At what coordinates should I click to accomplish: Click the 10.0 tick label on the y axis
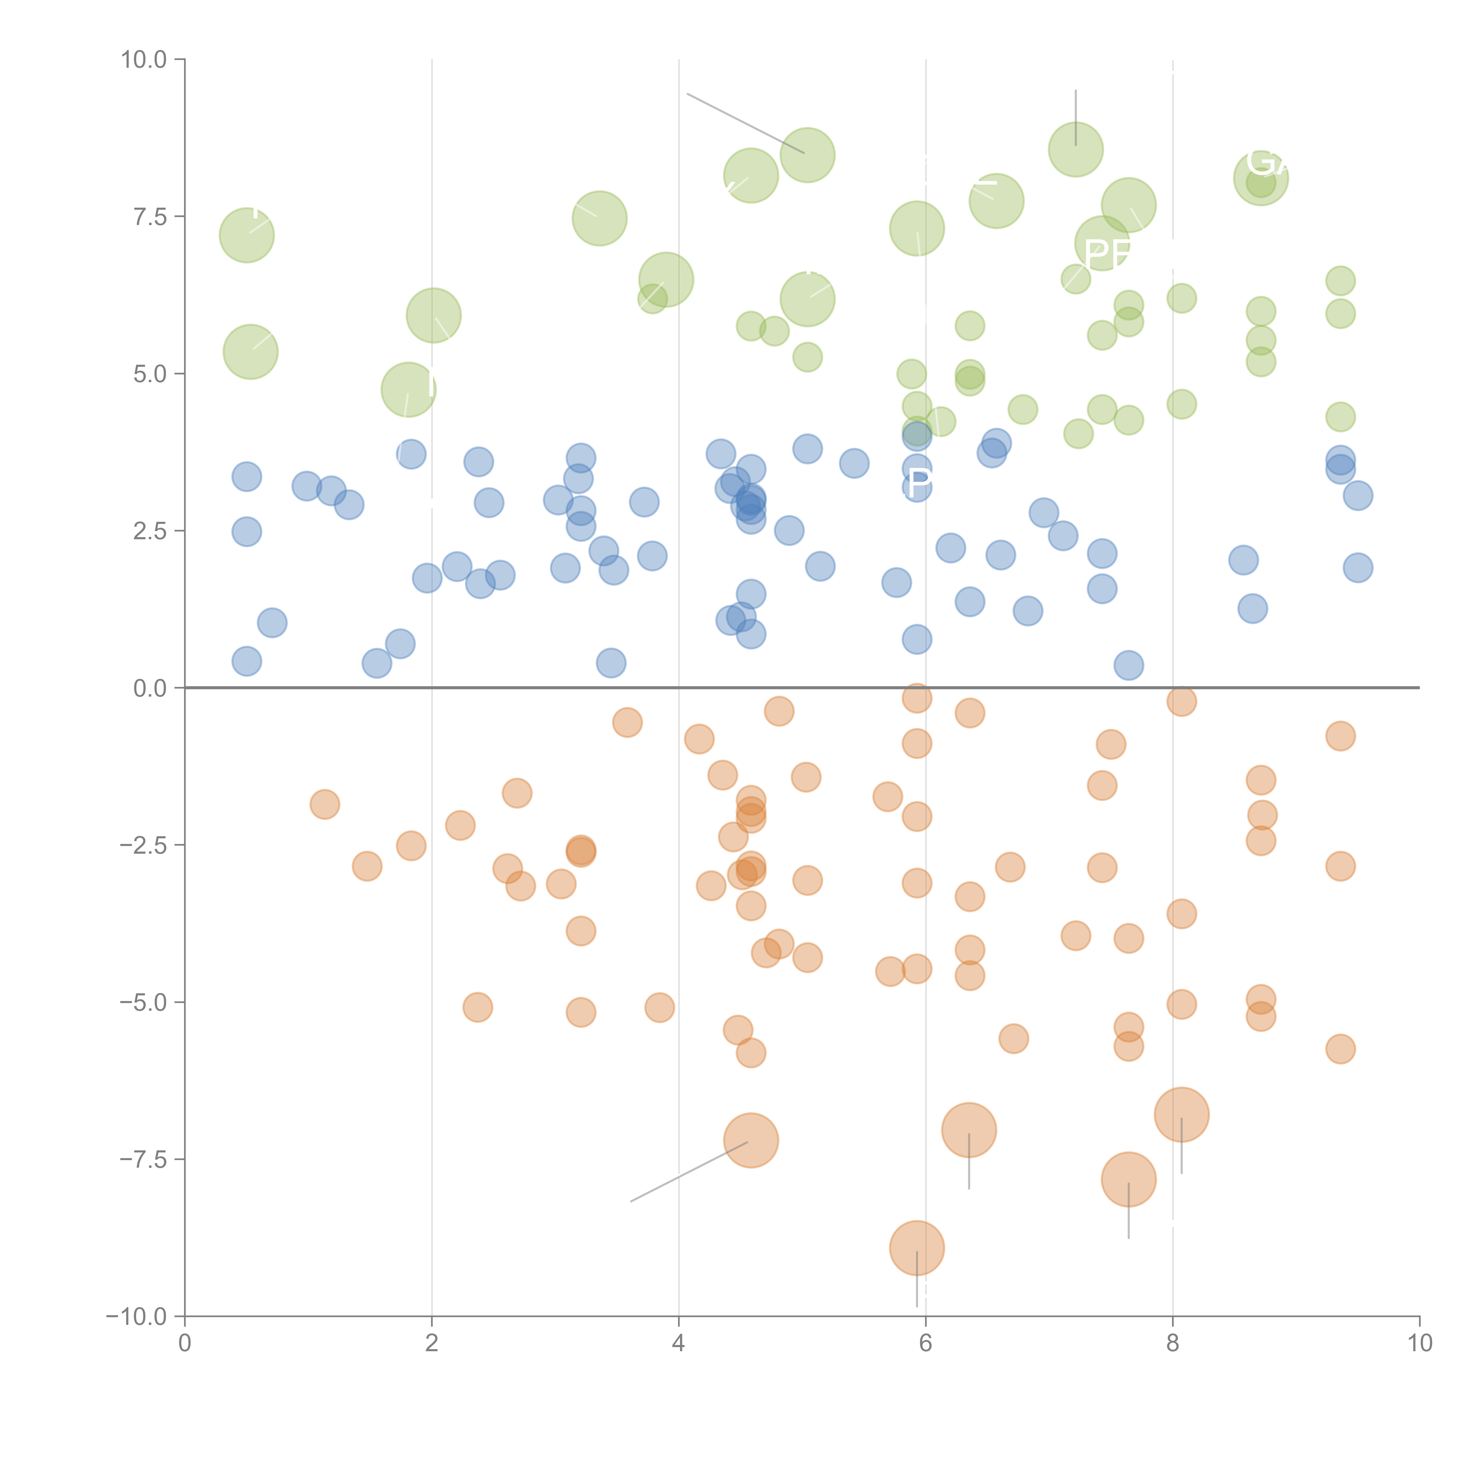tap(144, 60)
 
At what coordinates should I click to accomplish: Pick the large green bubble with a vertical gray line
tap(1076, 149)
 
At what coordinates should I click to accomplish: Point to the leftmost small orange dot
tap(324, 804)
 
